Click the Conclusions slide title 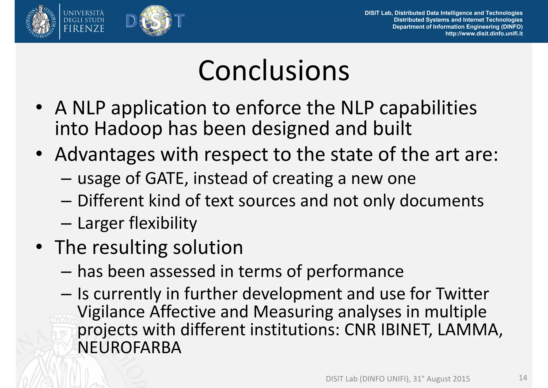(274, 70)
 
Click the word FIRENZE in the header (84, 29)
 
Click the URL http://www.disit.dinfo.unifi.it (484, 34)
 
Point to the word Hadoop (128, 129)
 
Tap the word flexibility (163, 223)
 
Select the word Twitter (462, 294)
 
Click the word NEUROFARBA (130, 348)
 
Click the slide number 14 (523, 378)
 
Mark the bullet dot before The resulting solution (39, 247)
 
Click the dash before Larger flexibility (66, 223)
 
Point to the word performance (355, 272)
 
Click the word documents (442, 201)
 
